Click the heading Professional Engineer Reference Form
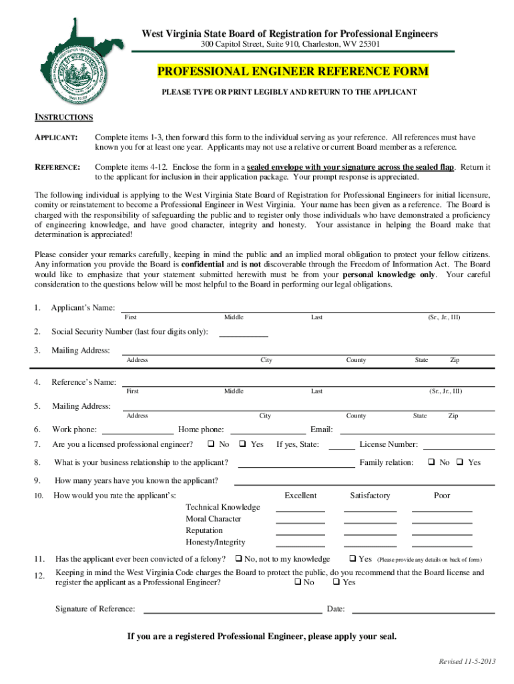click(293, 71)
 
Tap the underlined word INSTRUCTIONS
click(63, 118)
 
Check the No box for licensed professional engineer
click(210, 444)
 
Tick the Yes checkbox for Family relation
click(459, 462)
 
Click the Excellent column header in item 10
click(300, 496)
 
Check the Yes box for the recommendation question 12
click(336, 582)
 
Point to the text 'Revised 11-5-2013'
click(467, 661)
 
